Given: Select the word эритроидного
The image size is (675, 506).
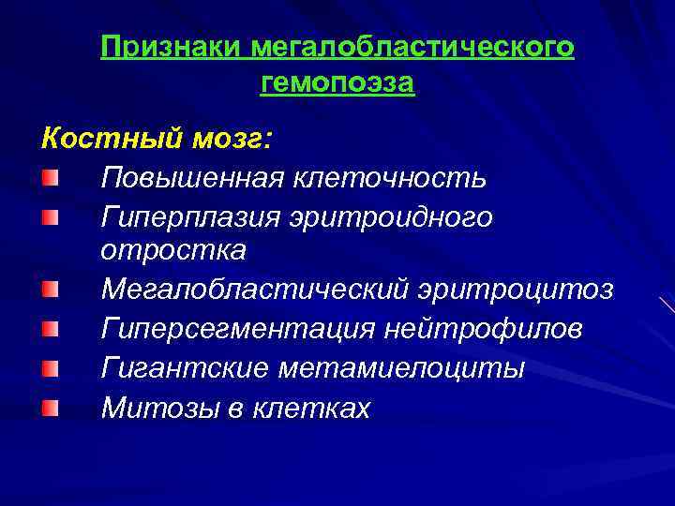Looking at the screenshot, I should click(393, 216).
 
